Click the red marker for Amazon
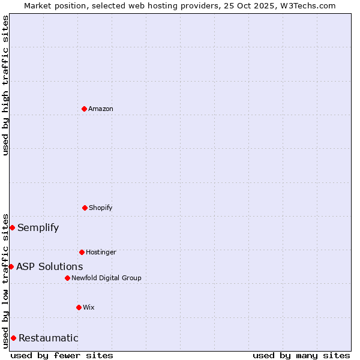[84, 109]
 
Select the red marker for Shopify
[85, 208]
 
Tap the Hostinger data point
[82, 252]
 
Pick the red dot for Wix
[79, 307]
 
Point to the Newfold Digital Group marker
[67, 278]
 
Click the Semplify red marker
[12, 227]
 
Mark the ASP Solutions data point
[11, 266]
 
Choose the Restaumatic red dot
[13, 338]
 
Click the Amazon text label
[101, 109]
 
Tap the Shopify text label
[101, 208]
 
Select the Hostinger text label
[101, 252]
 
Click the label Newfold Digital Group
[106, 278]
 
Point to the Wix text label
[89, 307]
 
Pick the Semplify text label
[38, 227]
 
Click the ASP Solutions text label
[50, 266]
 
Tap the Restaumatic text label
[49, 338]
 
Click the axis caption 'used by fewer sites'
[62, 355]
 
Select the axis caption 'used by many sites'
[301, 355]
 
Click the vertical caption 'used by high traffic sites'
[5, 85]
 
